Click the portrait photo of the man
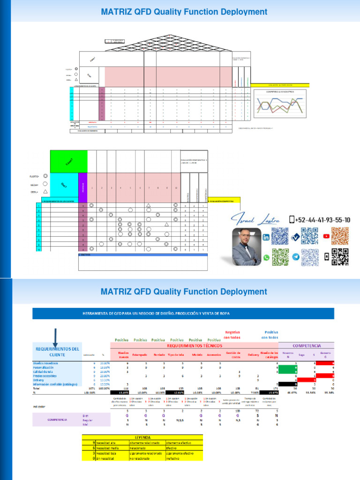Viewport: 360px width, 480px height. pos(247,247)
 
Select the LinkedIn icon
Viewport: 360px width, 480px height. pos(266,237)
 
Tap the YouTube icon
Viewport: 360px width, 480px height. pos(326,236)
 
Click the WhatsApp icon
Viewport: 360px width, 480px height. pos(266,257)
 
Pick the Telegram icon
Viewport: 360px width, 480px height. pos(296,257)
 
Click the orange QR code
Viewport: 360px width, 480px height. pos(340,236)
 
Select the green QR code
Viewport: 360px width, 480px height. pos(280,257)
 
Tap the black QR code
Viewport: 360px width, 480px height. pos(340,257)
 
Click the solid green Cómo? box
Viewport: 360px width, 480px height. pos(69,162)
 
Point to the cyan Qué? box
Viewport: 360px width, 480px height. pos(64,185)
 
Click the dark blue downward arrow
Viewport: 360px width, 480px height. pos(55,337)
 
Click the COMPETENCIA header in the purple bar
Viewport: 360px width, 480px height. pos(309,345)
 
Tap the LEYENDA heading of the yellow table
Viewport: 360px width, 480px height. pos(142,436)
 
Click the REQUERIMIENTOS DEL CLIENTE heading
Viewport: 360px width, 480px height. pos(58,352)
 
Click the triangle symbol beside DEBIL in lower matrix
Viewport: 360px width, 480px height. pos(45,192)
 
